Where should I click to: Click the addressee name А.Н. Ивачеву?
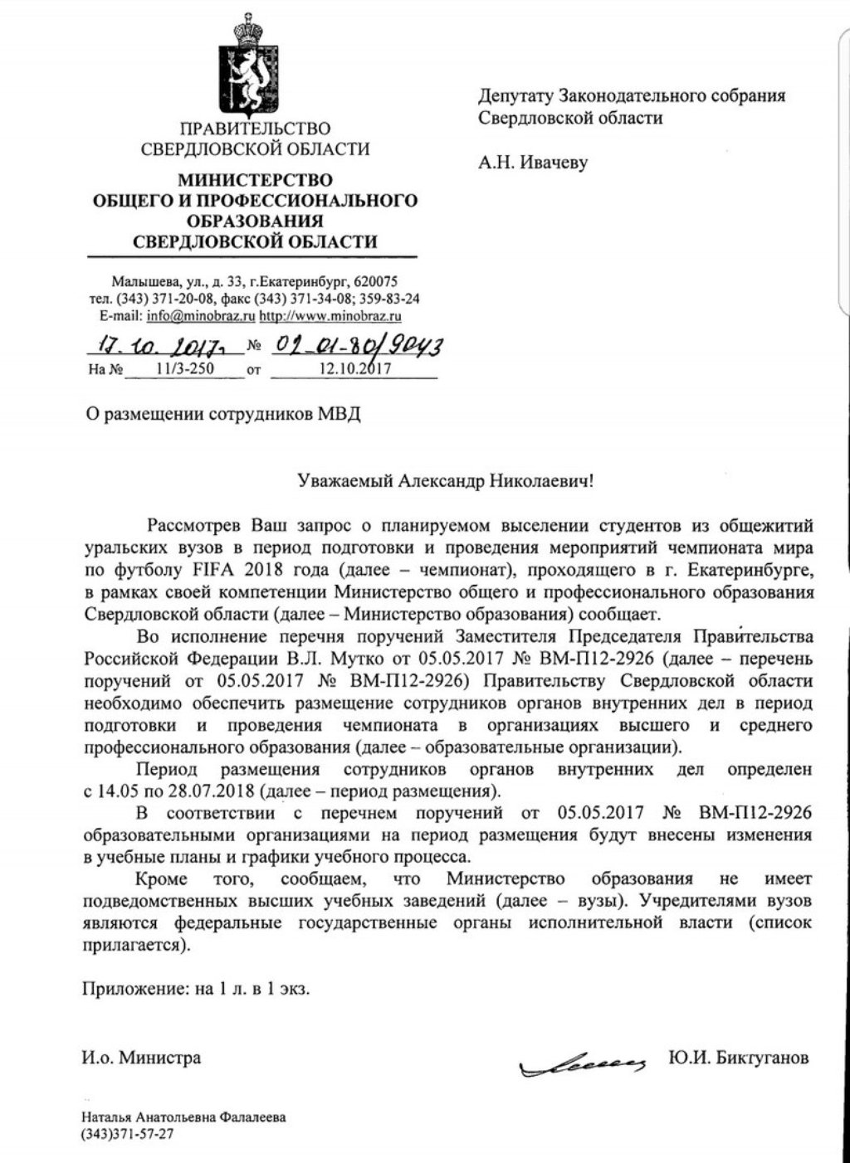[x=532, y=163]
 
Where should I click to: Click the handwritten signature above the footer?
[x=581, y=1063]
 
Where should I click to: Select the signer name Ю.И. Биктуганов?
[x=737, y=1058]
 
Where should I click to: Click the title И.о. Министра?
[x=140, y=1058]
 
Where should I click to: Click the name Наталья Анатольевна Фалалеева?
[x=183, y=1117]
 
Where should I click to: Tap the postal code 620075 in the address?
[x=376, y=280]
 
